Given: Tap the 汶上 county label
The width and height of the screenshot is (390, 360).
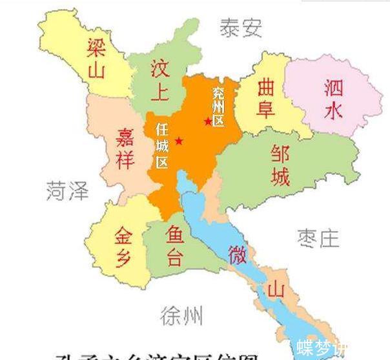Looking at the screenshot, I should point(159,81).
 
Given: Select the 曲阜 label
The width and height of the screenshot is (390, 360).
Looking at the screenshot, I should point(265,97).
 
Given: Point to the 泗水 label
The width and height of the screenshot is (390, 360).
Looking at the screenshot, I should point(333,99).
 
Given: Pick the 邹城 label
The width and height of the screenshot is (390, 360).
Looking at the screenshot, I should point(280,164).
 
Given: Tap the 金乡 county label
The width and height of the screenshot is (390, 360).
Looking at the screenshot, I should point(124,246).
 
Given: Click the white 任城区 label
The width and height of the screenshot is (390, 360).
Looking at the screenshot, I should point(162,146).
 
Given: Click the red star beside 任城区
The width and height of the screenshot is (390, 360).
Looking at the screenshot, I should point(179,141).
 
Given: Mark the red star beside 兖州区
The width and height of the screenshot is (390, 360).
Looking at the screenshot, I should point(207,121).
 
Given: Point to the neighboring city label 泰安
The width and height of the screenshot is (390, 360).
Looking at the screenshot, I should point(240,28).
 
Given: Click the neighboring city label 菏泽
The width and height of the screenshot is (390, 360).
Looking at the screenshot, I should point(67,190).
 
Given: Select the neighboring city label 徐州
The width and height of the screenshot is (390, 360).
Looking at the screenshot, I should point(181,315).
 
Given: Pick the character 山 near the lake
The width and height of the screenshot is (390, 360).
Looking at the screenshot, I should point(276,290).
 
